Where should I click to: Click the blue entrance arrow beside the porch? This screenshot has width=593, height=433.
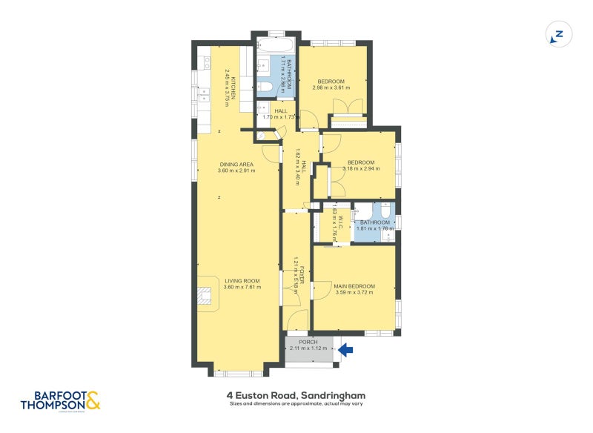[x=346, y=348]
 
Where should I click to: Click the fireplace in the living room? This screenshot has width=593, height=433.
[x=205, y=297]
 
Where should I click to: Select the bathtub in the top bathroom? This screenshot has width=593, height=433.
[x=276, y=44]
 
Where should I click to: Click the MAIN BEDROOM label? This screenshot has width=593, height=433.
[x=354, y=286]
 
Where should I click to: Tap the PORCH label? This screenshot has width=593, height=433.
[x=308, y=342]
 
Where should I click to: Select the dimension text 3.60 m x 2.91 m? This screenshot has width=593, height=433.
[x=236, y=171]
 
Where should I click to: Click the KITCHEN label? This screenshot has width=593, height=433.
[x=234, y=87]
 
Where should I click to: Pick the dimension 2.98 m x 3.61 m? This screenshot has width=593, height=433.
[x=331, y=87]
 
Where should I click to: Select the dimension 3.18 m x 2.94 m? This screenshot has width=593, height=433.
[x=361, y=169]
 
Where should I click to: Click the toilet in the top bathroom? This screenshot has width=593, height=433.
[x=265, y=90]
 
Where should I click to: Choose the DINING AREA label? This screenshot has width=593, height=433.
[x=236, y=164]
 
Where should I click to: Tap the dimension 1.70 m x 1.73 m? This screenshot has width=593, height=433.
[x=276, y=117]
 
